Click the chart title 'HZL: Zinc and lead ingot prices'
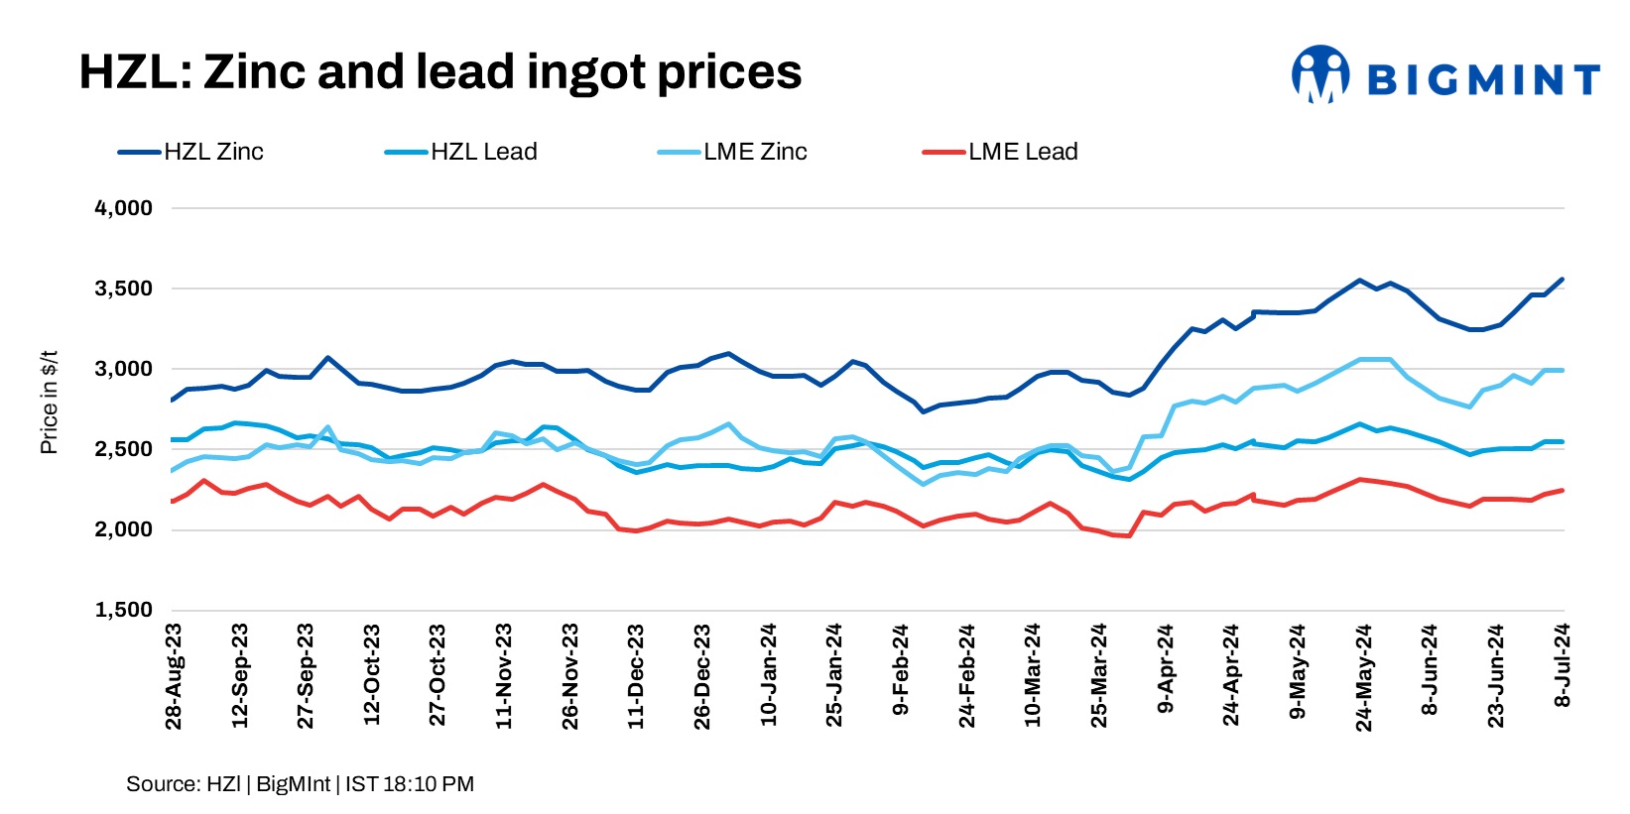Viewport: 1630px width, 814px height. pyautogui.click(x=439, y=72)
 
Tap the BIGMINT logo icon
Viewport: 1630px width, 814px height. pyautogui.click(x=1319, y=73)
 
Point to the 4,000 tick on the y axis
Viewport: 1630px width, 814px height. pyautogui.click(x=124, y=208)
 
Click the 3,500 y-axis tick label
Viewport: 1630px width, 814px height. pyautogui.click(x=124, y=289)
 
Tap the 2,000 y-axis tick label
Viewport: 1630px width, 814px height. pyautogui.click(x=124, y=529)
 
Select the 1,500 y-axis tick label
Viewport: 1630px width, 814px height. pyautogui.click(x=124, y=610)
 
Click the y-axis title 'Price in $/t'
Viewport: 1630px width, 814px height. pyautogui.click(x=49, y=403)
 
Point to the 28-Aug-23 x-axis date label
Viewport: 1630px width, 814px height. pyautogui.click(x=174, y=676)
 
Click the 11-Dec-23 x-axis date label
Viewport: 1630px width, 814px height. pyautogui.click(x=636, y=676)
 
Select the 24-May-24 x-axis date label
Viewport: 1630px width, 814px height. pyautogui.click(x=1363, y=676)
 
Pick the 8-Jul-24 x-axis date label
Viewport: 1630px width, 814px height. pyautogui.click(x=1563, y=665)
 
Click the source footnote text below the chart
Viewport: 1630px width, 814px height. pyautogui.click(x=300, y=784)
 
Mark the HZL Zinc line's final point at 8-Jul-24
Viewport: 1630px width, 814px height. pyautogui.click(x=1564, y=279)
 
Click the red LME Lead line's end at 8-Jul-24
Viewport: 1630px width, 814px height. pyautogui.click(x=1564, y=490)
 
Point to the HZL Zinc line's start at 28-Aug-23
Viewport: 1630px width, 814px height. pyautogui.click(x=172, y=401)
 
